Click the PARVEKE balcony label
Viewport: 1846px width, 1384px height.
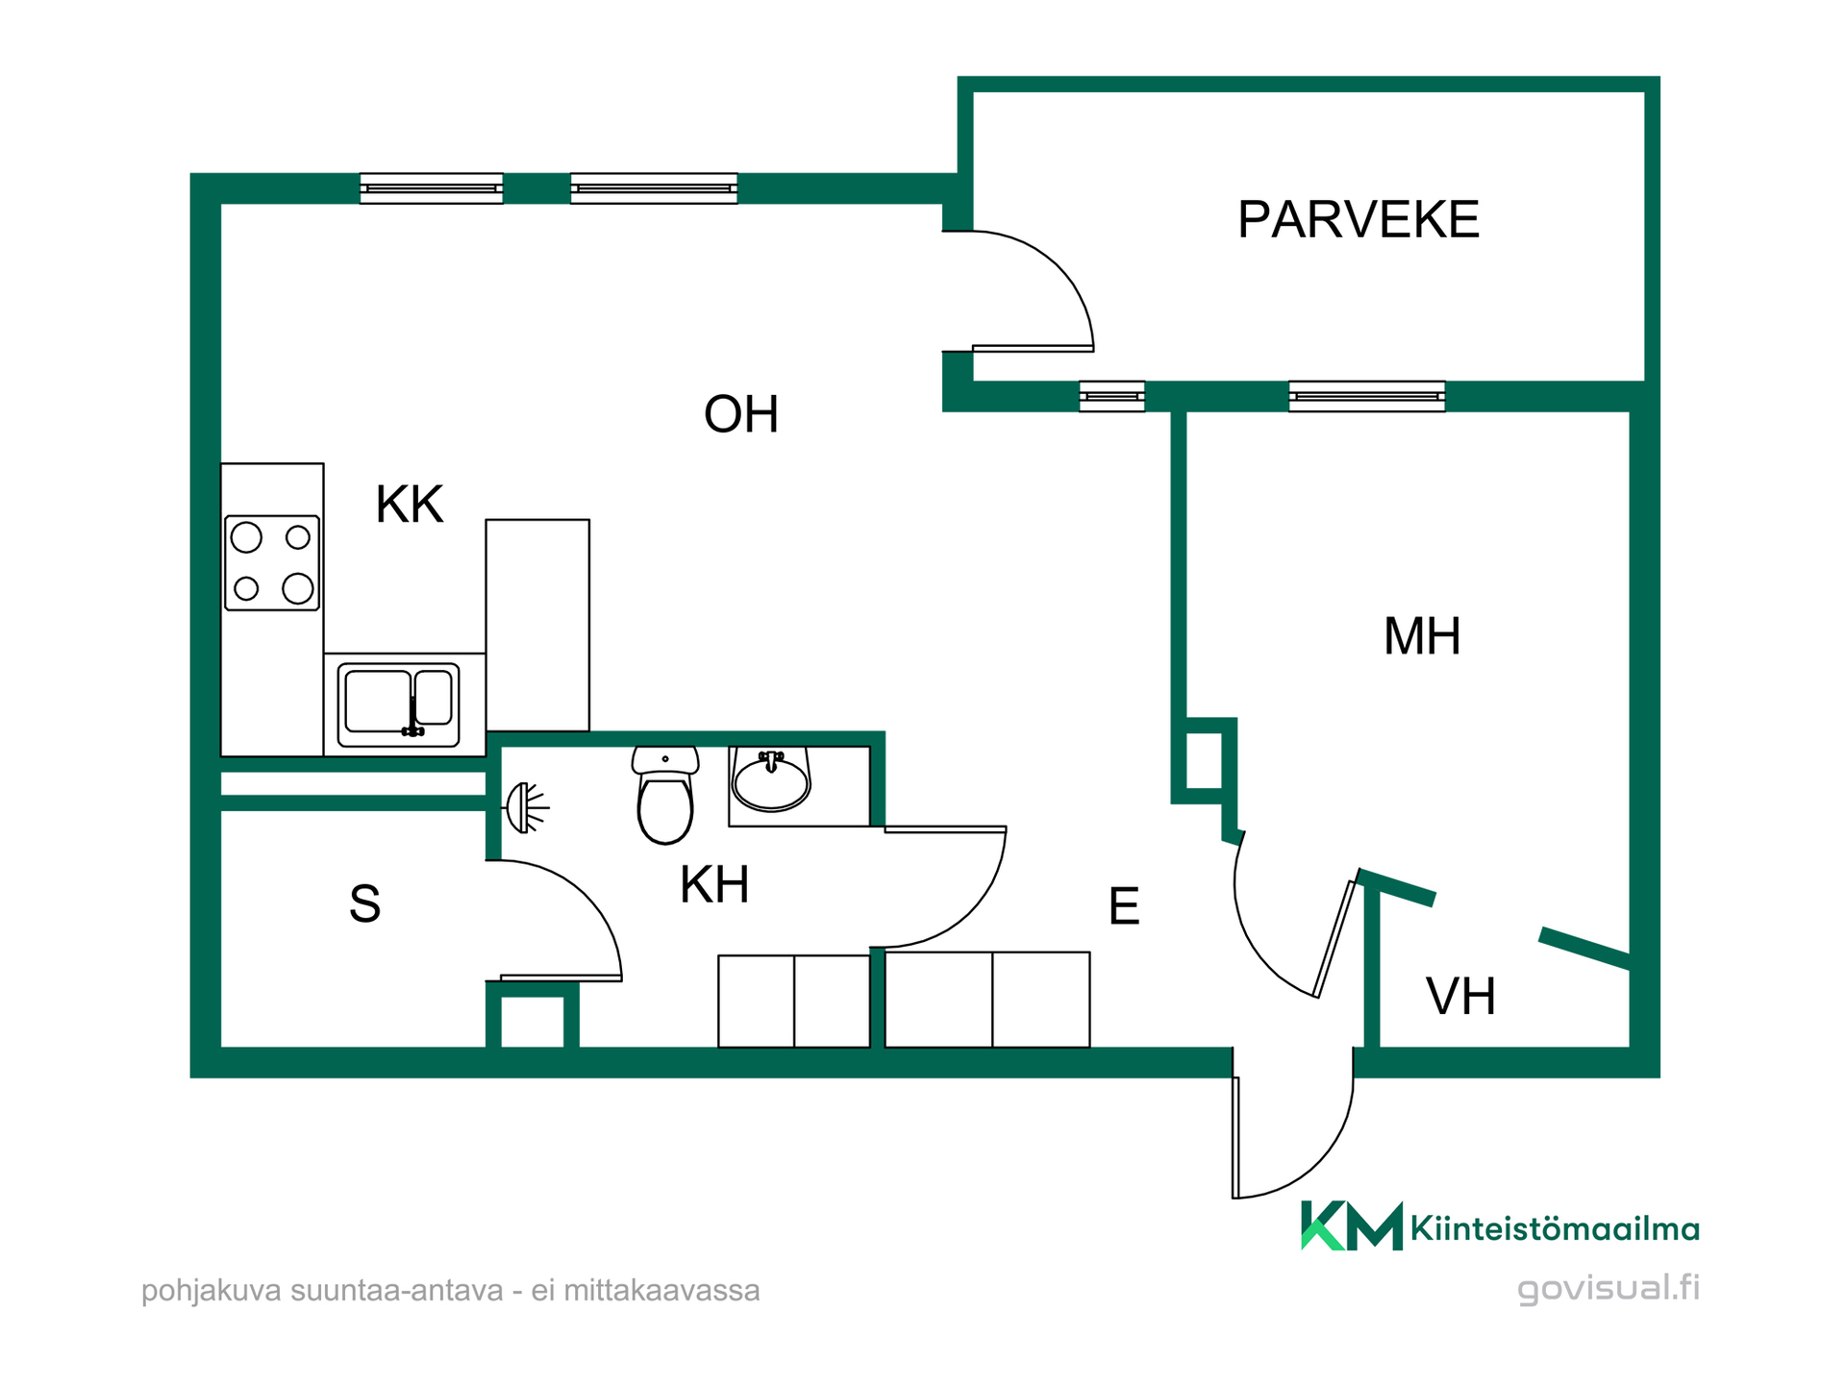pos(1358,219)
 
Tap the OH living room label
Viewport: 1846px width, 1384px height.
pos(740,414)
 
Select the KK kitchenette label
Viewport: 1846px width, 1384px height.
pos(410,504)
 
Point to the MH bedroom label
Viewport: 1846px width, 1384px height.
pos(1422,635)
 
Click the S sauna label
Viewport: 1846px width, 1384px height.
pos(364,903)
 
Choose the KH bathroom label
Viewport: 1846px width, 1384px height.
pos(714,884)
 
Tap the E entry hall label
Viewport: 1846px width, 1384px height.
pos(1124,905)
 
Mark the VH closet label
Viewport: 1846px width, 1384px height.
pos(1460,996)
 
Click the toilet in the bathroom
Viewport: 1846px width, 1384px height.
pos(665,795)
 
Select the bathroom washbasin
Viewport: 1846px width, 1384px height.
pos(771,780)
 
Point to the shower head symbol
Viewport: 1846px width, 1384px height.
pos(526,807)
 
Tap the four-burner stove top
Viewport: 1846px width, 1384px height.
pos(272,562)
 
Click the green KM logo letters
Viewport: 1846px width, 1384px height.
pos(1352,1225)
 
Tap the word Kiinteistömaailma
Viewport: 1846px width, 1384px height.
pos(1555,1228)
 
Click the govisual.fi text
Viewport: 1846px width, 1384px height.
pos(1609,1288)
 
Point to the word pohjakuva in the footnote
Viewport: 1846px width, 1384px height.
pos(212,1291)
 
